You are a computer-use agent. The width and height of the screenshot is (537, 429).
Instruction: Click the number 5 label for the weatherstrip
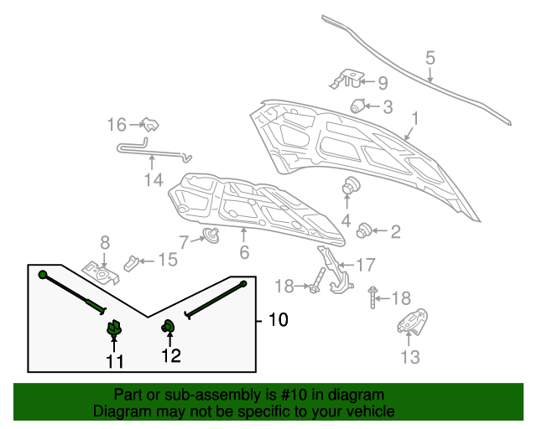tap(430, 59)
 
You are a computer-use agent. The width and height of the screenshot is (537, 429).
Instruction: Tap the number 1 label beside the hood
tap(414, 119)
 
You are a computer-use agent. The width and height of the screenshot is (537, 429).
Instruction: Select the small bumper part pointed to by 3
tap(358, 106)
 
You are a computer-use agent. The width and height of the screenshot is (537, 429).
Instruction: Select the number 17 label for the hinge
tap(366, 266)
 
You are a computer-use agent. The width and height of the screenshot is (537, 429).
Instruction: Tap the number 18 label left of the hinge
tap(284, 287)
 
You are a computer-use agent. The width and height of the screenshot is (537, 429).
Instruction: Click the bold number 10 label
tap(277, 320)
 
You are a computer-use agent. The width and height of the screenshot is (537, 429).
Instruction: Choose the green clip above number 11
tap(114, 330)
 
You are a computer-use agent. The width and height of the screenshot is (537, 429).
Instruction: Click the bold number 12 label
tap(171, 357)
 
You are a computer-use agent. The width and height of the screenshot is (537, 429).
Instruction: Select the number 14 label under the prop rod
tap(152, 179)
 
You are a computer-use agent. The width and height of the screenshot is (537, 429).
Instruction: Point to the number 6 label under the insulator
tap(244, 251)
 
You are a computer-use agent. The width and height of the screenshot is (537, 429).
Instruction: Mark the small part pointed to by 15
tap(133, 262)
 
